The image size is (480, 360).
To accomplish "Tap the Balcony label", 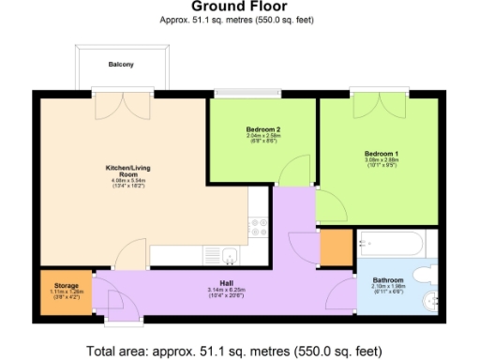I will coord(120,65).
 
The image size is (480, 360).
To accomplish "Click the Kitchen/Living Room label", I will coord(121,172).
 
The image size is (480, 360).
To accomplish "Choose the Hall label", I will coord(226,282).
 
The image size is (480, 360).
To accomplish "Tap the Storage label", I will coord(66,285).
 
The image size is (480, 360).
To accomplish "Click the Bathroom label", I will coord(387,279).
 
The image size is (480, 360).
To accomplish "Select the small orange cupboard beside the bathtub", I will coord(333,248).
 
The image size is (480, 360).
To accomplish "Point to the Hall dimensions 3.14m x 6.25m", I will coord(226,291).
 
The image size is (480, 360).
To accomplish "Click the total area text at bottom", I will coord(234,352).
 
